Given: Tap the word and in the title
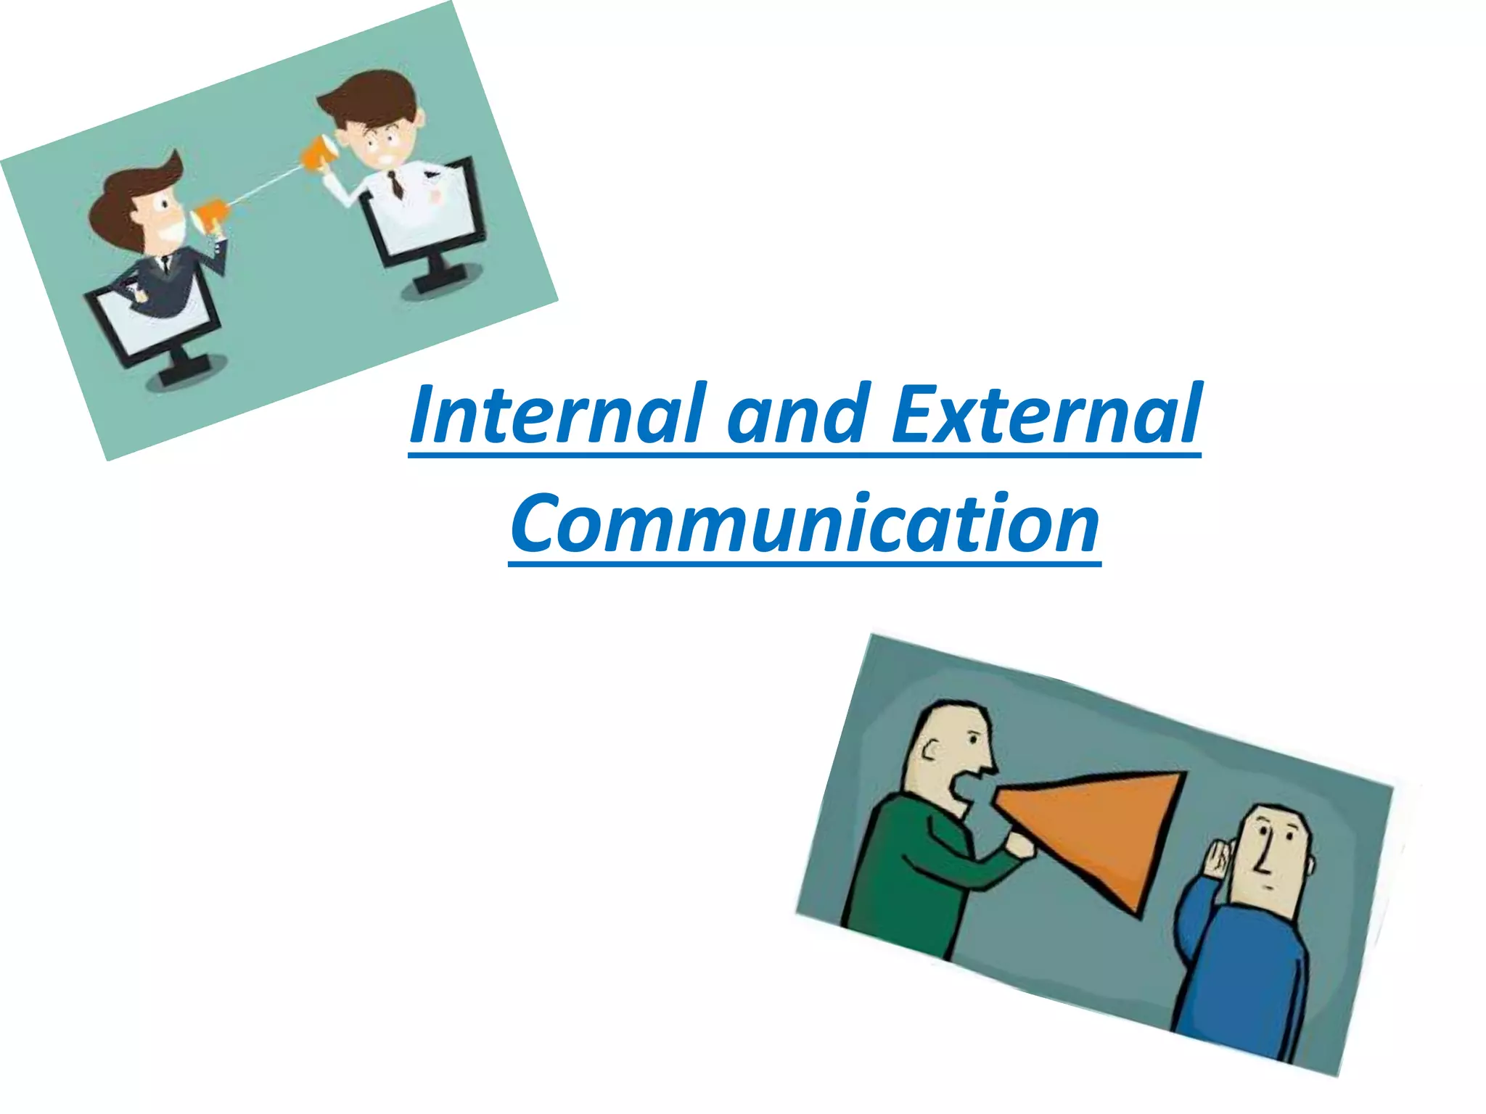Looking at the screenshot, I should [798, 415].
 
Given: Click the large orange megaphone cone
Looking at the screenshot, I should [1096, 827].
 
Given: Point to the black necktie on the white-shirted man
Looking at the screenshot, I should [395, 184].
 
